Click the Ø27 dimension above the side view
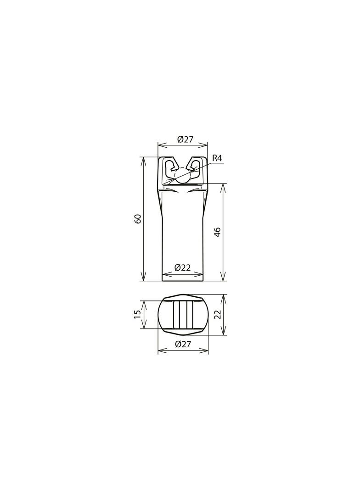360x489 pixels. tap(185, 139)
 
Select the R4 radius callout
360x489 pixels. tap(217, 158)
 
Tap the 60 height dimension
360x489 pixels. tap(138, 219)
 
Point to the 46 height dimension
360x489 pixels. tap(218, 232)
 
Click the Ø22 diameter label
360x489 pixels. tap(183, 267)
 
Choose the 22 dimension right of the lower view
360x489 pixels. tap(218, 314)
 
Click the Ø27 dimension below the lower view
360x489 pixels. tap(183, 345)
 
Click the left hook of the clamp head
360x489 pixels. tap(171, 167)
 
